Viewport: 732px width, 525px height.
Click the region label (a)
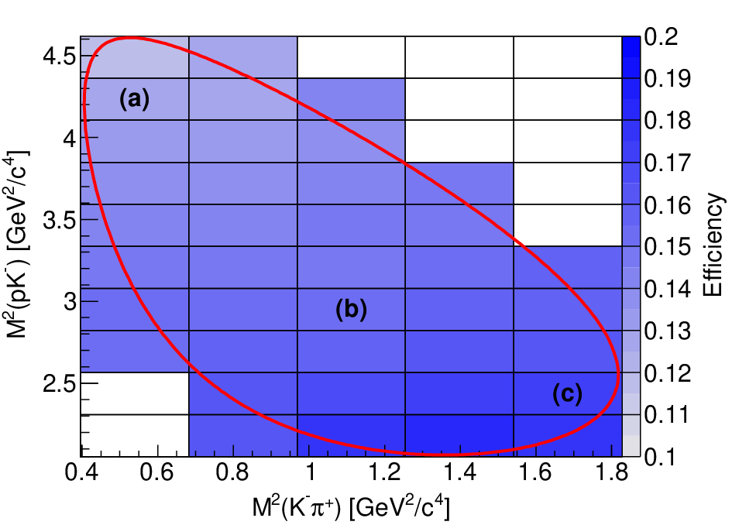pos(135,99)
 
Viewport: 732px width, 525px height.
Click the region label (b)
pos(351,310)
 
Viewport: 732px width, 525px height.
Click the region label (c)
pos(567,394)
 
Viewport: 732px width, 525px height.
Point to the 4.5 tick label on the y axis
pos(59,57)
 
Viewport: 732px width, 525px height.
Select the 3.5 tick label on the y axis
pos(59,220)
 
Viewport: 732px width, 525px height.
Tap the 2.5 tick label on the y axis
pos(59,384)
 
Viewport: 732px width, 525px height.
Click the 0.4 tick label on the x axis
pos(81,472)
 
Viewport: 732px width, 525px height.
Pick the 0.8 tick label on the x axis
pos(232,472)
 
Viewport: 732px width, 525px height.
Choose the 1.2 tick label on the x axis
pos(384,472)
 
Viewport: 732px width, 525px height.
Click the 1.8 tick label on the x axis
pos(613,472)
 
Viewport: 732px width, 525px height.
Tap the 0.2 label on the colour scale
pos(661,36)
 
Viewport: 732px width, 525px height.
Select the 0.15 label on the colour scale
pos(667,246)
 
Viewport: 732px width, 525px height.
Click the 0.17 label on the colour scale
pos(667,163)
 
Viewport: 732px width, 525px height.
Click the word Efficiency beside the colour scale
pos(713,245)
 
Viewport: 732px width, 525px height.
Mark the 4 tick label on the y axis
pos(69,139)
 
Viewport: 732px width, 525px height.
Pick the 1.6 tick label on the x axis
pos(535,472)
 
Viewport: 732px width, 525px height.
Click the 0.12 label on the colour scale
pos(667,373)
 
